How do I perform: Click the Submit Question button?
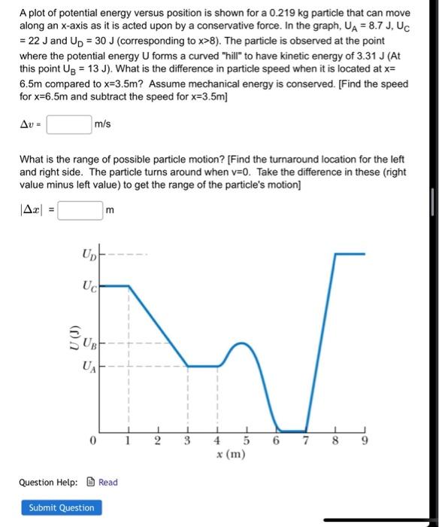(62, 507)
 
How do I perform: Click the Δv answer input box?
(69, 123)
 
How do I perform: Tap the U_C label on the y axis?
(88, 286)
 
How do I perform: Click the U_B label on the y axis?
(88, 347)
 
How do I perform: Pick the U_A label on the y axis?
(88, 367)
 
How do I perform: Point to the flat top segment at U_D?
(350, 254)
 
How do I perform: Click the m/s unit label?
(102, 123)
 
